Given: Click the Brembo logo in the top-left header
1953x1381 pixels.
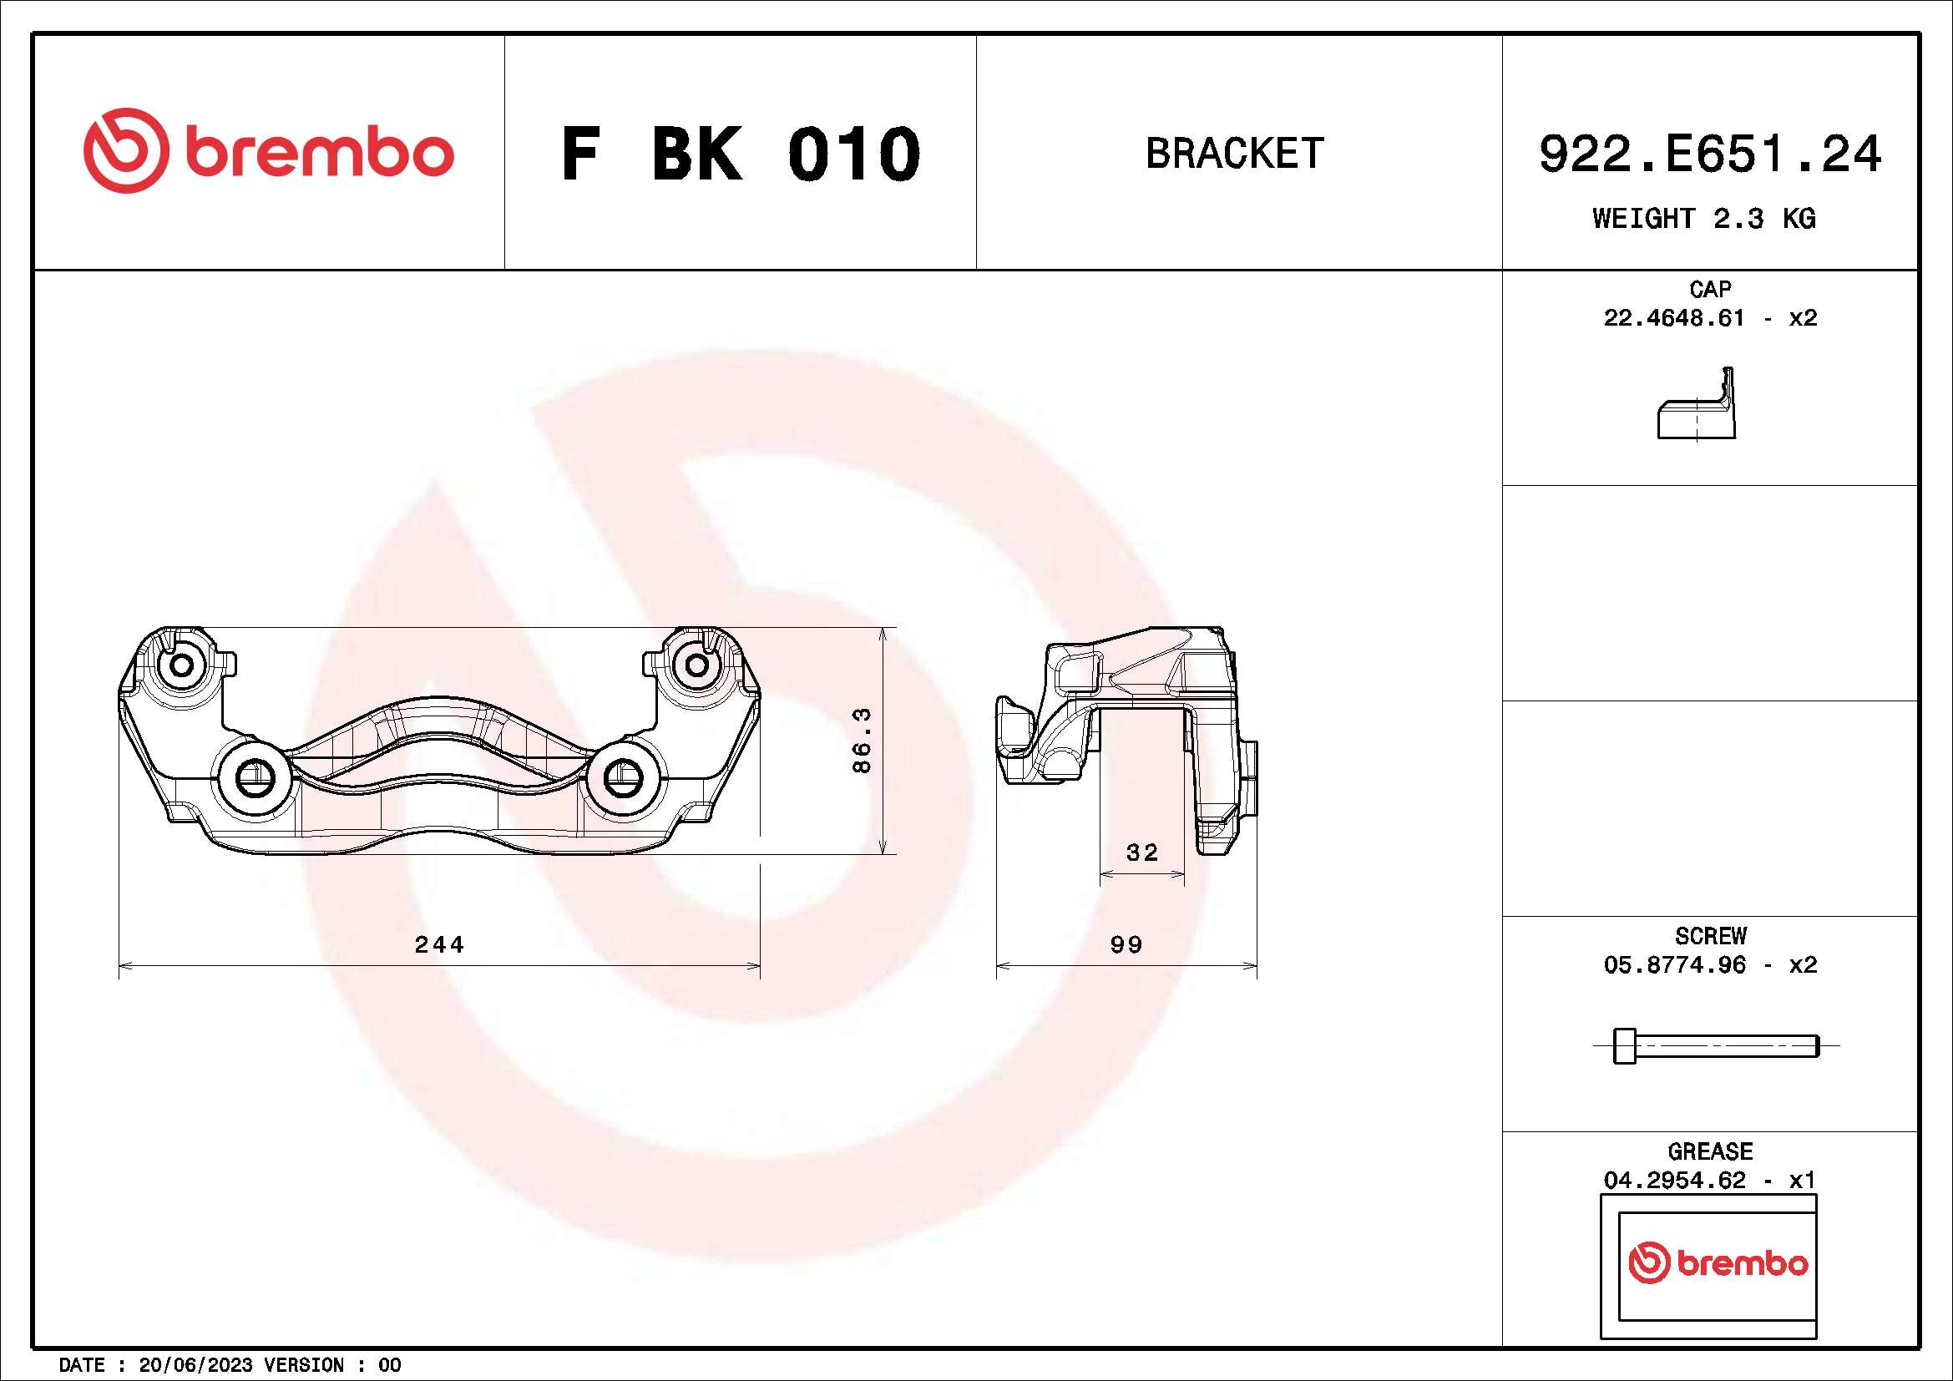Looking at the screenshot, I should [268, 151].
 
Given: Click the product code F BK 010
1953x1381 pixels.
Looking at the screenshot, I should [740, 154].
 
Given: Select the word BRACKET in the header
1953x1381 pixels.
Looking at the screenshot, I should [1235, 154].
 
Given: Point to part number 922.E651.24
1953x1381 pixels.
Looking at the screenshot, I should [1710, 154].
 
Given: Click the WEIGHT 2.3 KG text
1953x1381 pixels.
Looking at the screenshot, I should [1704, 219].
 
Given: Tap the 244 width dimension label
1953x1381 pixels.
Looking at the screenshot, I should [439, 945].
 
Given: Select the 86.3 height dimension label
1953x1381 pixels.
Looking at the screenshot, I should [862, 741].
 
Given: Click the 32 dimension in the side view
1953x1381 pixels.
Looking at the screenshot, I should [1141, 852].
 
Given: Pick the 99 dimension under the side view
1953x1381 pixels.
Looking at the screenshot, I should [1126, 945].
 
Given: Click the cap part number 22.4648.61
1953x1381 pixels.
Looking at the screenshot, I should [1673, 318].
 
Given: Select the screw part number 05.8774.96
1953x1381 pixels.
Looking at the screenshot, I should [1673, 965].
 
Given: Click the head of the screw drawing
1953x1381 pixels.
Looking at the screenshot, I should [1624, 1045].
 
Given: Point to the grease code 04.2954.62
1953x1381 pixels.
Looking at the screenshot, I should [1673, 1181].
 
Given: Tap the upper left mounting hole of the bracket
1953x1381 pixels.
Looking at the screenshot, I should [180, 665].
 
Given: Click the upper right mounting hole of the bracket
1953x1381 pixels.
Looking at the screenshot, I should [696, 665].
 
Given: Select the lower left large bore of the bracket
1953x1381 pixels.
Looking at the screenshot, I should [253, 776].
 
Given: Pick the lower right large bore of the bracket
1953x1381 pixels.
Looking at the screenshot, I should [623, 776].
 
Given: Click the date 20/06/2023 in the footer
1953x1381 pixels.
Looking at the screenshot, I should [195, 1365].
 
